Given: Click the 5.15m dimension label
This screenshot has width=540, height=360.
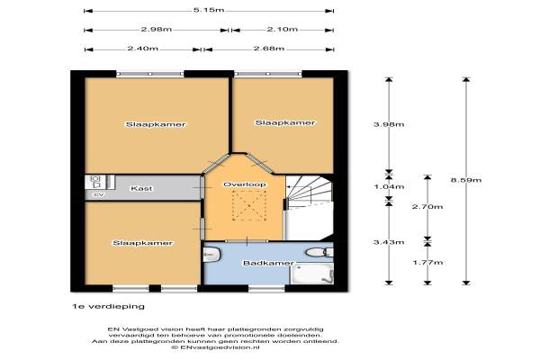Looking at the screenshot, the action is coord(209,10).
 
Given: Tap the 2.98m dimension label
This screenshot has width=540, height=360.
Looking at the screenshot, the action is coord(156,30).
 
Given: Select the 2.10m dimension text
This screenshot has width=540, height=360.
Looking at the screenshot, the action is coord(283,30).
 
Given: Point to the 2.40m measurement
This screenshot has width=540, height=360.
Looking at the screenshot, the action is coord(143,49).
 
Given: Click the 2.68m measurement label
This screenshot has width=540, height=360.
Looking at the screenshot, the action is coord(269,49).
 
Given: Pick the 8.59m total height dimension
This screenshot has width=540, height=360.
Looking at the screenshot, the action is coord(466,180).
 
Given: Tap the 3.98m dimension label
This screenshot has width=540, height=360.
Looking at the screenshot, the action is coord(389,124).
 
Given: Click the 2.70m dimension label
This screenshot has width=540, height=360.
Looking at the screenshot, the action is coord(427,207).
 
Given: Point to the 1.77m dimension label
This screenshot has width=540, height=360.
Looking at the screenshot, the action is coord(427,263).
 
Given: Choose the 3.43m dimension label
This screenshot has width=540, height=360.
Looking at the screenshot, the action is coord(389,242).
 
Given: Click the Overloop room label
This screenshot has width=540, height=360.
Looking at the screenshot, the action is coord(245,184).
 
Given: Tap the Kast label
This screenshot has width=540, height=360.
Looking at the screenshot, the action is coord(141,188).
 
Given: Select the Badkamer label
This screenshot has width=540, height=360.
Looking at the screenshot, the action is coord(268,263).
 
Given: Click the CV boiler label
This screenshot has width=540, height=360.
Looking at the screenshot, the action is coord(99,195).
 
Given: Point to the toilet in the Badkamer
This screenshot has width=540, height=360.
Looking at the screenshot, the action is coord(319,253).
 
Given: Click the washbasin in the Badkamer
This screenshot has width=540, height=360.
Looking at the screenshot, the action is coord(212,255).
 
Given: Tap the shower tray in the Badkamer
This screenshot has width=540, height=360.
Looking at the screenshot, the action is coord(312,274).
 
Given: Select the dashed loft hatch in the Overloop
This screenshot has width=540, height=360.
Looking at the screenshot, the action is coord(249,205).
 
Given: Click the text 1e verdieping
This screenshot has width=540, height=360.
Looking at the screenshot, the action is coord(108,306).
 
